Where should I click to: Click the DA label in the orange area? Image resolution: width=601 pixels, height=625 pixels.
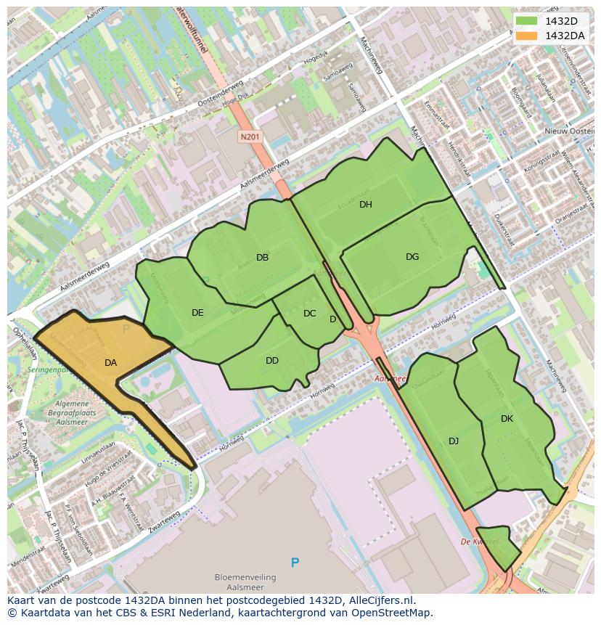pos(110,363)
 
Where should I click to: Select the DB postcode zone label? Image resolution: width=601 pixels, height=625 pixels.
pos(262,258)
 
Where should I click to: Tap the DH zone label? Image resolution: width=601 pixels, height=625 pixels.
pos(365,205)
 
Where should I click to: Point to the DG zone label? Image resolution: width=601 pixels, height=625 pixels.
pos(412,257)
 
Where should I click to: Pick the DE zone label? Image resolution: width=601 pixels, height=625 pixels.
pos(197,313)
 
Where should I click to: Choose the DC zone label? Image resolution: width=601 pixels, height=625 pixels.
pos(310,314)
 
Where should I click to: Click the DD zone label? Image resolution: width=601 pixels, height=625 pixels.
pos(272,361)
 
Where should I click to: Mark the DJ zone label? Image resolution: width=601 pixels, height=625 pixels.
pos(454,441)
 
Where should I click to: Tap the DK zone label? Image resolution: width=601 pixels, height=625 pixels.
pos(507,419)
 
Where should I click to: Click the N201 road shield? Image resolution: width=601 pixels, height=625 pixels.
pos(250,136)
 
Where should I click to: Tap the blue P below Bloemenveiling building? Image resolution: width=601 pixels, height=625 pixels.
pos(295,563)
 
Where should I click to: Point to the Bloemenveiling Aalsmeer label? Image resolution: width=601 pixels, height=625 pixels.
pos(245,582)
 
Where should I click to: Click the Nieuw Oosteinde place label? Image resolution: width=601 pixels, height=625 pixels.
pos(570,131)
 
